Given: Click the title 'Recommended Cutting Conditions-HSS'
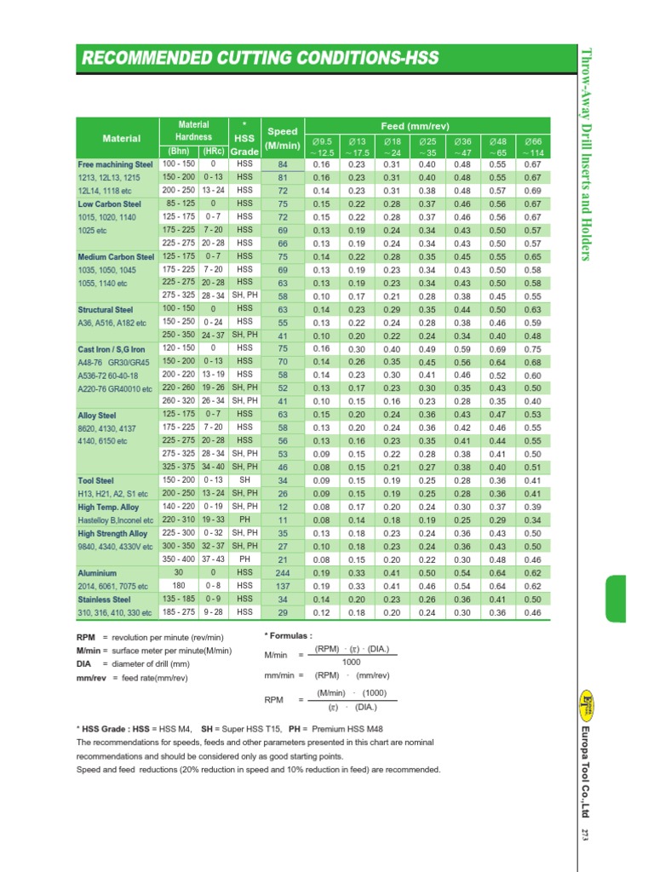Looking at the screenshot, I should [x=260, y=59].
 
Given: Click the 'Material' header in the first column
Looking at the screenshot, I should [x=121, y=137].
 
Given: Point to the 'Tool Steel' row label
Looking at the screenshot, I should [x=96, y=480].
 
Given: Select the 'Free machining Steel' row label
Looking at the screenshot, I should [x=115, y=163].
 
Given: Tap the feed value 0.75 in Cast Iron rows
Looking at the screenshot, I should [x=532, y=348].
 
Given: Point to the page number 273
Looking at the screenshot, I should [x=584, y=834].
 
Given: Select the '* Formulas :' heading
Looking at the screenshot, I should [x=288, y=636].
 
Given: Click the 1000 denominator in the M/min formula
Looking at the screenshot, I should [x=351, y=662].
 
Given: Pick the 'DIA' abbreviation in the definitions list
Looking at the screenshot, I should [x=84, y=663].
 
